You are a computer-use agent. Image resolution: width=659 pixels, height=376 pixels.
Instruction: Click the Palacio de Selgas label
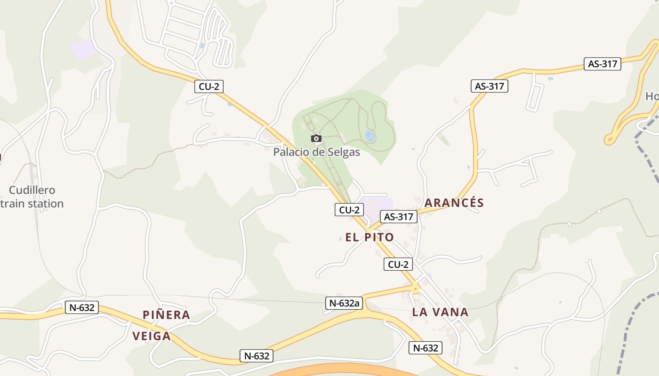pyautogui.click(x=316, y=152)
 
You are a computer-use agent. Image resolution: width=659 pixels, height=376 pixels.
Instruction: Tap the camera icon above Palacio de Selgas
pyautogui.click(x=316, y=138)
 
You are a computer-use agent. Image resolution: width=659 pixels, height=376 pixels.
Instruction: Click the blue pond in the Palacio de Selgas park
pyautogui.click(x=370, y=136)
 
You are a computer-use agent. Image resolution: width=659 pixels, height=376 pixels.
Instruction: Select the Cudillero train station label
pyautogui.click(x=32, y=197)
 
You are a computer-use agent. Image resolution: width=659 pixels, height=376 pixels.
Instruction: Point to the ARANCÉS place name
pyautogui.click(x=454, y=203)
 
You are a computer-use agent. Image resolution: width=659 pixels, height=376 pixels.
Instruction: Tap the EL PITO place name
pyautogui.click(x=370, y=237)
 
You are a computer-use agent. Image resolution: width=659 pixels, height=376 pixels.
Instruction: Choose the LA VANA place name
pyautogui.click(x=440, y=312)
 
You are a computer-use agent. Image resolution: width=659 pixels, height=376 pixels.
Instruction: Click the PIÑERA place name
pyautogui.click(x=166, y=315)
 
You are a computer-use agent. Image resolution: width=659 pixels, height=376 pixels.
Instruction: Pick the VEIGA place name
pyautogui.click(x=151, y=336)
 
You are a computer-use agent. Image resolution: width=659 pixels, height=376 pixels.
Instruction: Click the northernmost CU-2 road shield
pyautogui.click(x=209, y=86)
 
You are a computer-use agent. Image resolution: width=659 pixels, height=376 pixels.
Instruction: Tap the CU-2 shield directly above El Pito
pyautogui.click(x=349, y=210)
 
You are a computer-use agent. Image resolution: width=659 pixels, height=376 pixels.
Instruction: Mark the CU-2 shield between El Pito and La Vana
pyautogui.click(x=398, y=265)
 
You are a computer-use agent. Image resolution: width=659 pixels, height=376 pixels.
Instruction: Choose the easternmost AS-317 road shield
pyautogui.click(x=603, y=64)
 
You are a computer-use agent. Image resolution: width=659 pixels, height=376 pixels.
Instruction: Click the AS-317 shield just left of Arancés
pyautogui.click(x=399, y=217)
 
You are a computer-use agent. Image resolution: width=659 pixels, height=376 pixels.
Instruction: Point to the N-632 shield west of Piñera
pyautogui.click(x=82, y=308)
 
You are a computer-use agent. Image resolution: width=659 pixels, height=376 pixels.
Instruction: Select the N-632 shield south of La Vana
pyautogui.click(x=426, y=348)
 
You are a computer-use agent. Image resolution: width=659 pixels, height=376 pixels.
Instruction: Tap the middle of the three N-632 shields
pyautogui.click(x=257, y=356)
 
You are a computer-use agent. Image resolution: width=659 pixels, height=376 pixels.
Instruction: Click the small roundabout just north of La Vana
pyautogui.click(x=416, y=289)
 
